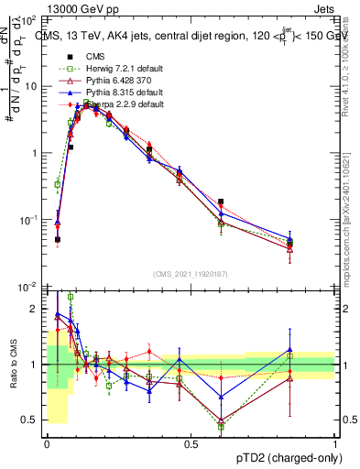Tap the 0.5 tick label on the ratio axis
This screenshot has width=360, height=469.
click(31, 420)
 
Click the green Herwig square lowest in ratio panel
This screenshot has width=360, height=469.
click(221, 427)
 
